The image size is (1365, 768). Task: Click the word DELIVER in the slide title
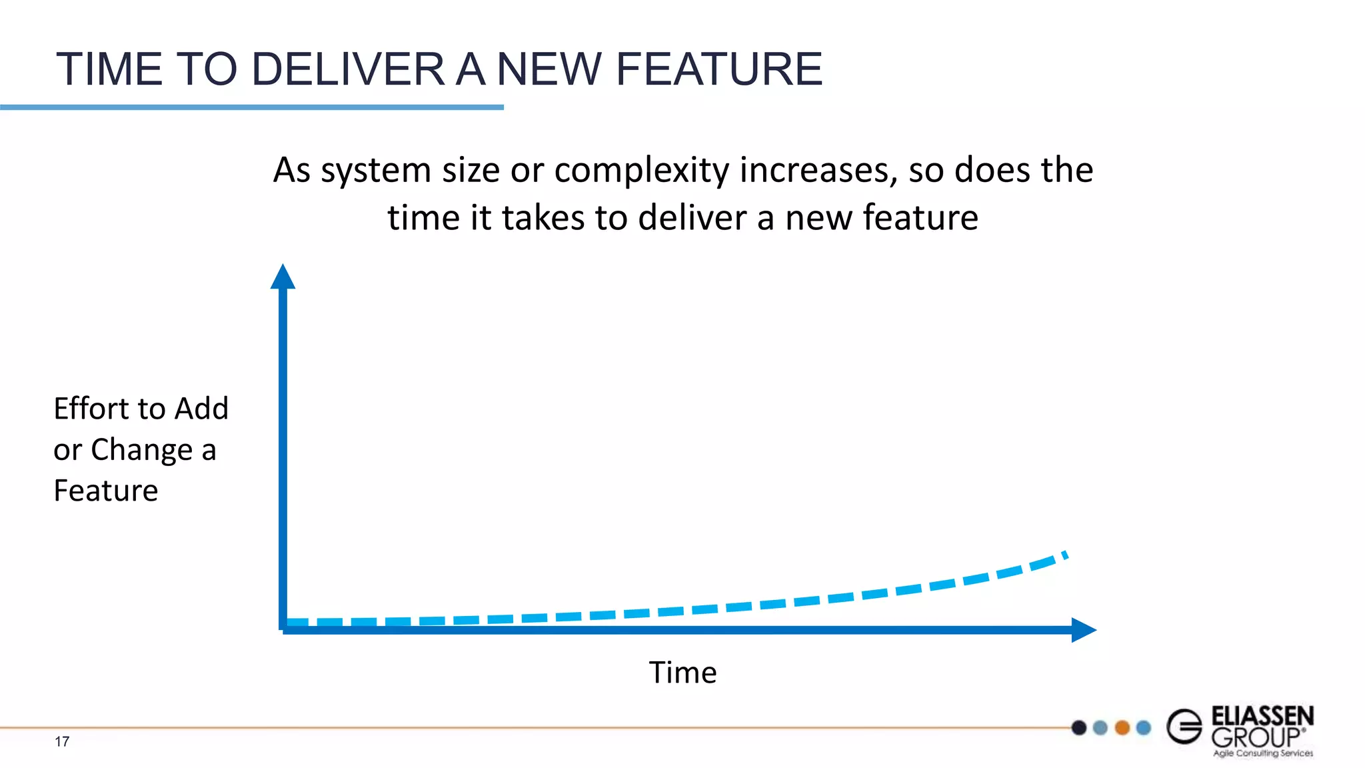[348, 69]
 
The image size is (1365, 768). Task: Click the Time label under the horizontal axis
[682, 673]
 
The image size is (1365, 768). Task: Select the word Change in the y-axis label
[141, 451]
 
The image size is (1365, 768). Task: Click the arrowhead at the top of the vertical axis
[283, 277]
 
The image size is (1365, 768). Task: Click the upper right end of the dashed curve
[1064, 555]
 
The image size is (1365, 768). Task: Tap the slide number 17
[62, 741]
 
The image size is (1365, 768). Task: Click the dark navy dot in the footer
[1079, 727]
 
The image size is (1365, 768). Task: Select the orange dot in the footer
[1122, 727]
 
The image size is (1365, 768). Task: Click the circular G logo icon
[1184, 727]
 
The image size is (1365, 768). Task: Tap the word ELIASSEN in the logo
[1262, 717]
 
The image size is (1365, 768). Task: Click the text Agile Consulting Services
[1262, 753]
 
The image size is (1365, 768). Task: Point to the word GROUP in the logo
[1256, 737]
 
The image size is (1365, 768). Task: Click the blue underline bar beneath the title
[252, 107]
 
